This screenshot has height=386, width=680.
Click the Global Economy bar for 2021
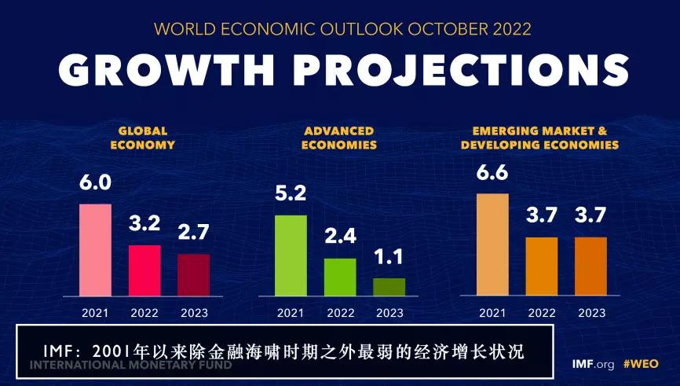pyautogui.click(x=95, y=250)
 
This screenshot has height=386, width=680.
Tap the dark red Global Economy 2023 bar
pyautogui.click(x=194, y=274)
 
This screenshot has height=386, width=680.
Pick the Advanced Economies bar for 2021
pyautogui.click(x=291, y=255)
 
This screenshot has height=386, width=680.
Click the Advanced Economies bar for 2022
pyautogui.click(x=340, y=277)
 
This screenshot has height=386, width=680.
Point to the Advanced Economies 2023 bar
pyautogui.click(x=389, y=287)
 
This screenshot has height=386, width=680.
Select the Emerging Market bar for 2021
pyautogui.click(x=492, y=244)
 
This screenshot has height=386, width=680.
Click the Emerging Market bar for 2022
pyautogui.click(x=542, y=267)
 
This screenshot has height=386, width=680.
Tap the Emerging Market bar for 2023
pyautogui.click(x=590, y=267)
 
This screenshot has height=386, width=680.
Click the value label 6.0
pyautogui.click(x=95, y=183)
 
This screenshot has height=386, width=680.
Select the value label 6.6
pyautogui.click(x=492, y=172)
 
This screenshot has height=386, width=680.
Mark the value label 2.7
pyautogui.click(x=194, y=233)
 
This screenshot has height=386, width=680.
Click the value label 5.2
pyautogui.click(x=291, y=194)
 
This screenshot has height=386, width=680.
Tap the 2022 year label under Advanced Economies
pyautogui.click(x=340, y=313)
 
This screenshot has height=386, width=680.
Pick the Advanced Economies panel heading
pyautogui.click(x=339, y=138)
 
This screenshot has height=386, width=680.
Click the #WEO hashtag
pyautogui.click(x=641, y=364)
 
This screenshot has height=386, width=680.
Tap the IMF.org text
pyautogui.click(x=594, y=364)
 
